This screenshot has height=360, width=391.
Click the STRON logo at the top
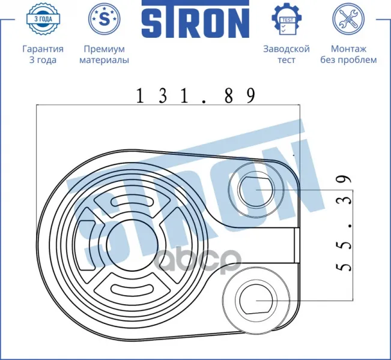tap(195, 19)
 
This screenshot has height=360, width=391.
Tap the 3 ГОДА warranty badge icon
tap(43, 19)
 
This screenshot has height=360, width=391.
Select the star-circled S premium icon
tap(105, 19)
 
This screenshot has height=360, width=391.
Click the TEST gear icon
tap(286, 19)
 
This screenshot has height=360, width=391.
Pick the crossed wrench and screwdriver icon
tap(348, 19)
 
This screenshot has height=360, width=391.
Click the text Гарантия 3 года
tap(43, 55)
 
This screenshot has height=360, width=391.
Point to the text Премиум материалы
tap(105, 55)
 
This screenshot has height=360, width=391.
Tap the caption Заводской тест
tap(286, 55)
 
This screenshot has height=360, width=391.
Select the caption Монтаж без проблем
tap(348, 55)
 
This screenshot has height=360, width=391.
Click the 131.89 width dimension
tap(196, 95)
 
